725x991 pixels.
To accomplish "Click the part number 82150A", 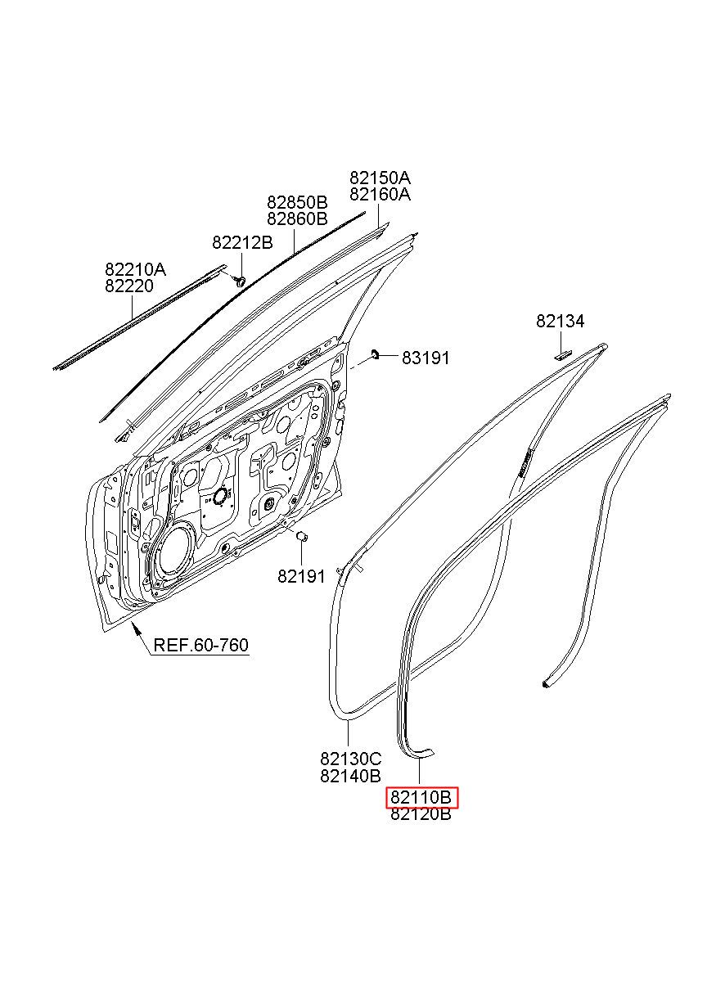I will (380, 178).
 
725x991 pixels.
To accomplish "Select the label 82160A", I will (380, 195).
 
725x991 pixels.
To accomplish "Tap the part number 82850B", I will (296, 201).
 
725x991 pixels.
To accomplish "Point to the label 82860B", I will (296, 218).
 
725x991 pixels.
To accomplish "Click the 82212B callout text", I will (242, 242).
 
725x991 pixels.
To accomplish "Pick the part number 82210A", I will (134, 269).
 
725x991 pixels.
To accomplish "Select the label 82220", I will (128, 286).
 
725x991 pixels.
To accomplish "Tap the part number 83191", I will (426, 358).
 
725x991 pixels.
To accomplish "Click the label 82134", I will (561, 322).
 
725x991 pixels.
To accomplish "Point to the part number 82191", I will (301, 576).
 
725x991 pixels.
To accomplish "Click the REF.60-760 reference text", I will (201, 646).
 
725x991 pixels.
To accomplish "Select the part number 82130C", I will (350, 759).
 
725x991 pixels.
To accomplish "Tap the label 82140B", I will (350, 776).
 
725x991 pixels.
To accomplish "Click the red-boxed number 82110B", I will (421, 797).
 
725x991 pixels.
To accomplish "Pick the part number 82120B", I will (421, 814).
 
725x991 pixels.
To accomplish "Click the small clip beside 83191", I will (376, 354).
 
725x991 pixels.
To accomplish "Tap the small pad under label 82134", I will (562, 354).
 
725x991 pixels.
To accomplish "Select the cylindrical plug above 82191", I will (300, 536).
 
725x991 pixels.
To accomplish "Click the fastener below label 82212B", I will (240, 280).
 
